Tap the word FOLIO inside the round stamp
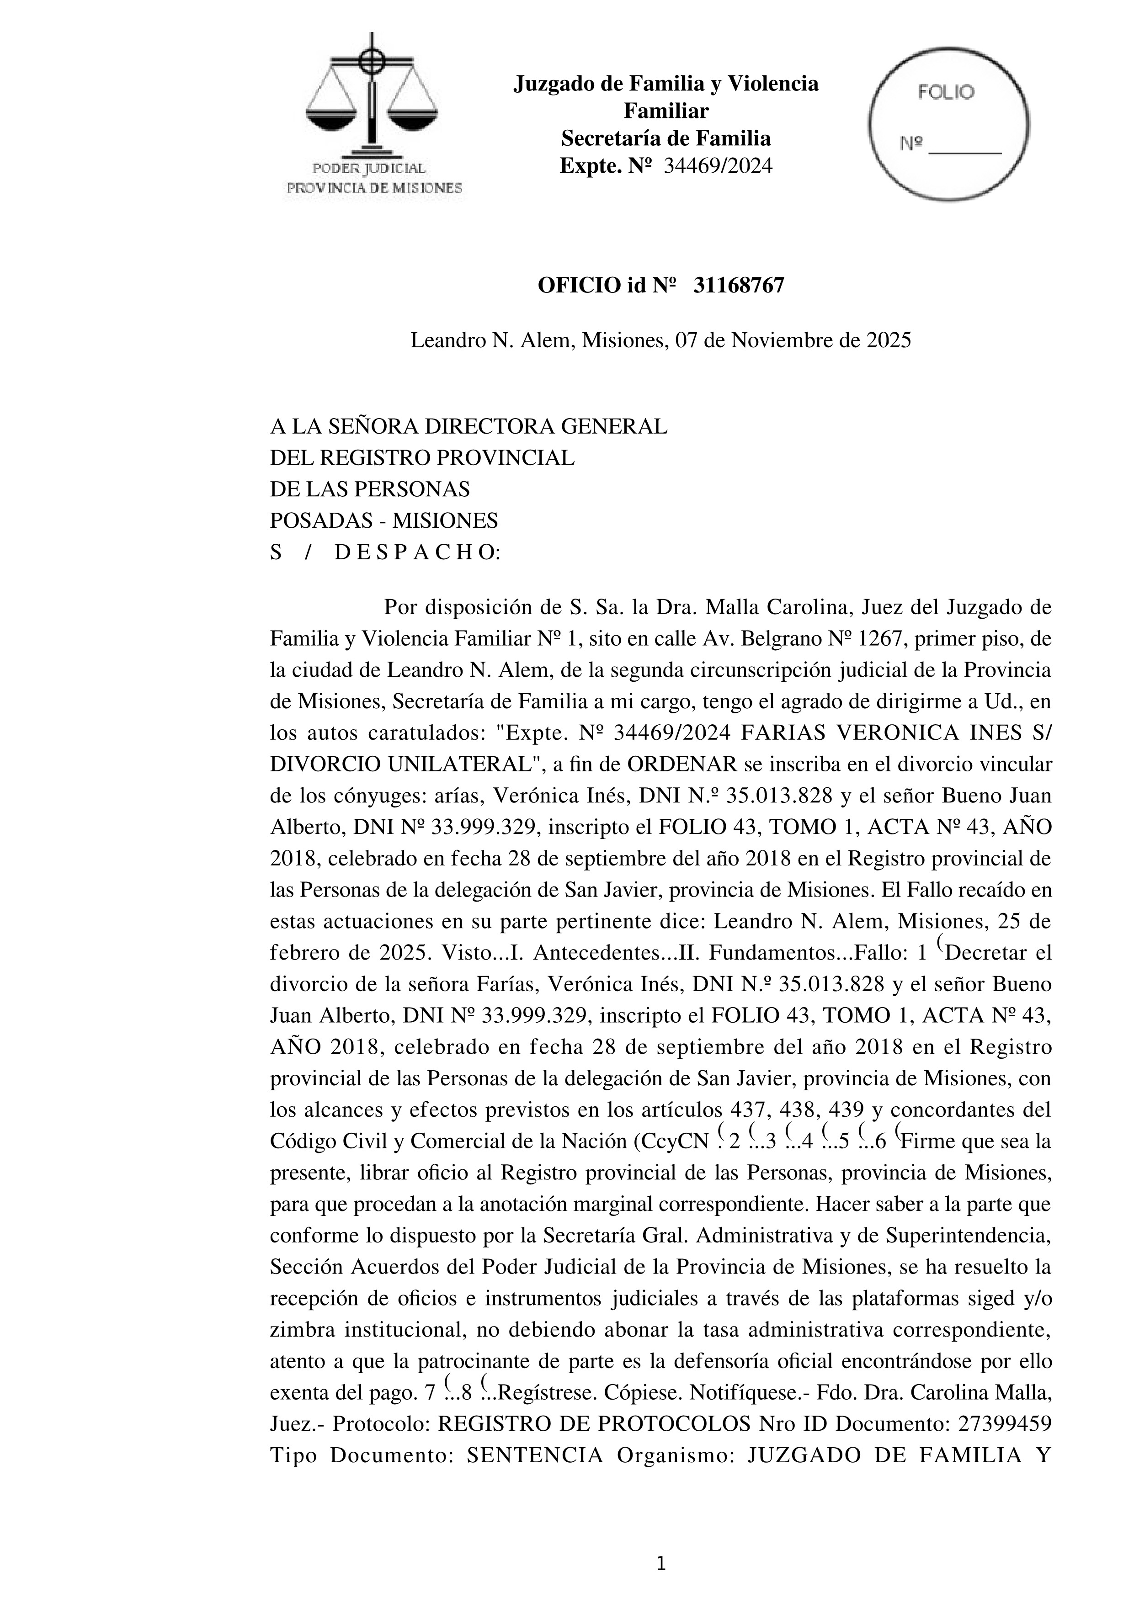coord(946,92)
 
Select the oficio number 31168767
coord(739,286)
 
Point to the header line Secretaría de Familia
coord(665,138)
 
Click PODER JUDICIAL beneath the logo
coord(368,168)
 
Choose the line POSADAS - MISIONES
coord(383,521)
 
